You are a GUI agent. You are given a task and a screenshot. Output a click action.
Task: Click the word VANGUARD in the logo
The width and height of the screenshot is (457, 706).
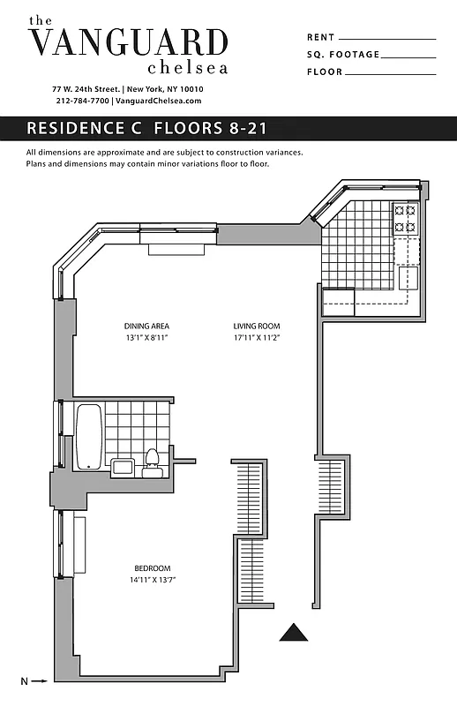pos(128,42)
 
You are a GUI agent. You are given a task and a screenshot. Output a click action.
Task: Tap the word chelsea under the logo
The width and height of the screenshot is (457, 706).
pos(188,67)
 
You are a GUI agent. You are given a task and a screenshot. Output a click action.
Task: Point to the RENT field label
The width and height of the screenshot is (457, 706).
pos(319,38)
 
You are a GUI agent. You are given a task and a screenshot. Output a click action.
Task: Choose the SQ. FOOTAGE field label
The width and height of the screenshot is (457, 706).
pos(343,55)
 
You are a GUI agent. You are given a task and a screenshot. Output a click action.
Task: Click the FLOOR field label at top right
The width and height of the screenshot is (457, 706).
pos(323,71)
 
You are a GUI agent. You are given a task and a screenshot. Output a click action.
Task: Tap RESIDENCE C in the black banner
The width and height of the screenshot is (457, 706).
pos(86,128)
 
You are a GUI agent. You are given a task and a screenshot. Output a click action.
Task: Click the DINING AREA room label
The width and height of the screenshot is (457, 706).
pos(146,326)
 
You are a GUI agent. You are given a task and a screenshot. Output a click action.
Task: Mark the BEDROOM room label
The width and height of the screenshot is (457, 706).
pos(152,568)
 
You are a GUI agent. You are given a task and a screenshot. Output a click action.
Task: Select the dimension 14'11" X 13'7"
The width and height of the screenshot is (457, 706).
pos(152,580)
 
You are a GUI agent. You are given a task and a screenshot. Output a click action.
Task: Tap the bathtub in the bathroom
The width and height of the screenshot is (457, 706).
pos(89,437)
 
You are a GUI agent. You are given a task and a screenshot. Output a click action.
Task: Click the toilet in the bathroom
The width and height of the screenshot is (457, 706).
pos(151,461)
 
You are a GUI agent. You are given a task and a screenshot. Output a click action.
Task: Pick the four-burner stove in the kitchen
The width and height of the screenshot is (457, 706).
pos(405,218)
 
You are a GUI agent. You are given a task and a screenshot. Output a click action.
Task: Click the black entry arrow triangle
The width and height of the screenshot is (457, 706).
pos(293,632)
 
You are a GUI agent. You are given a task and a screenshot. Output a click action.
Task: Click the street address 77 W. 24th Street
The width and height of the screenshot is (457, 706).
pos(86,89)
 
